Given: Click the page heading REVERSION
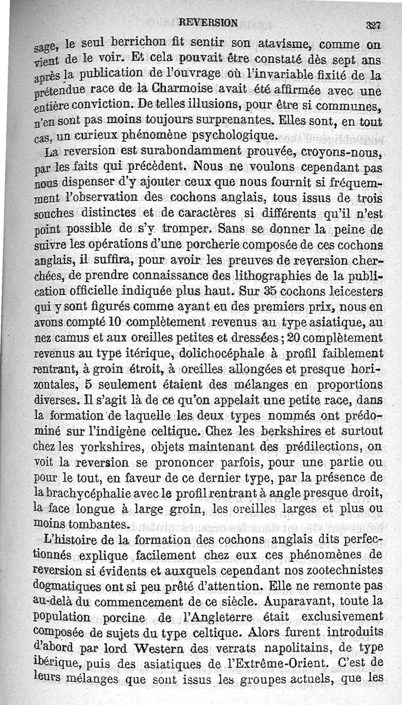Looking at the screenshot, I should click(x=208, y=22).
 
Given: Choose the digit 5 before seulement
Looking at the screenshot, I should click(x=87, y=384).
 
